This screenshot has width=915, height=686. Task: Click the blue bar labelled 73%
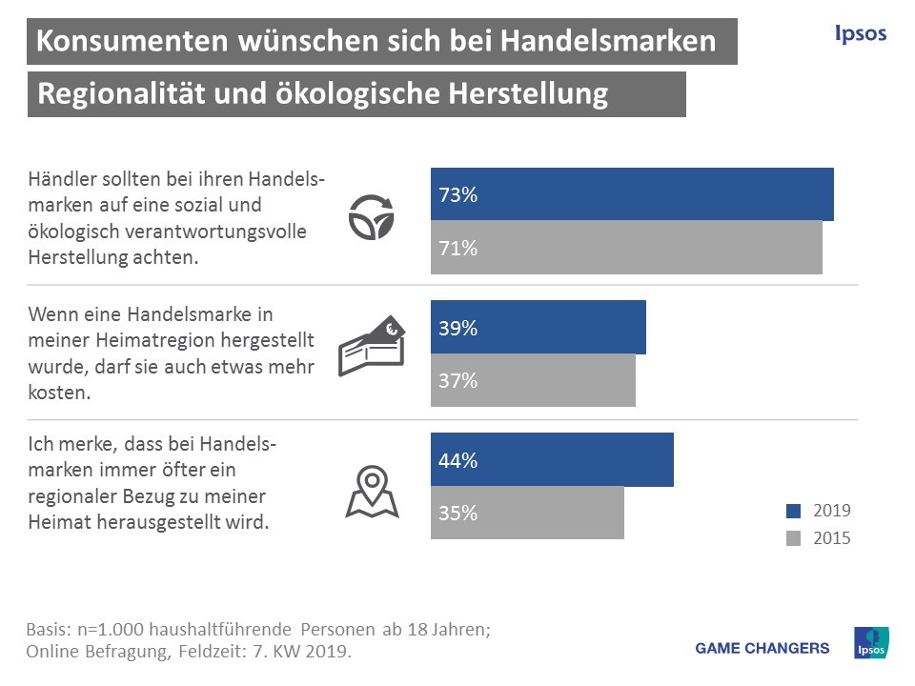point(632,194)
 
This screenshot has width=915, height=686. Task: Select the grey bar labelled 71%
point(626,248)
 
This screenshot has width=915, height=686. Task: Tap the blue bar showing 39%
point(539,328)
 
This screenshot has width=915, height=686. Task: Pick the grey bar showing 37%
point(533,380)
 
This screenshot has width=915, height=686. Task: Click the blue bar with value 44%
point(552,460)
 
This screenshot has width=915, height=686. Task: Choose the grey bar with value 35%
point(527,513)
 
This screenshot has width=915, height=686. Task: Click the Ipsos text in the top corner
point(860,34)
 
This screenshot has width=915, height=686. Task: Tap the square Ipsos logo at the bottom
point(871,643)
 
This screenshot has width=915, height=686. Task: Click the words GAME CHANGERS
point(762,648)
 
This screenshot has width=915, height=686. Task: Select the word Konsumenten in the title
point(132,41)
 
